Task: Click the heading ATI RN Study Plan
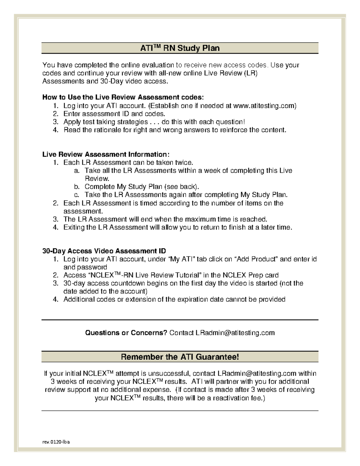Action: [180, 48]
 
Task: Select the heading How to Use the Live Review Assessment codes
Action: [123, 98]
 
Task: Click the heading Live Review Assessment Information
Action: [106, 155]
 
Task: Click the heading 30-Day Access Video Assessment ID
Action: [104, 251]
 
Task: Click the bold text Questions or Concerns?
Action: [126, 333]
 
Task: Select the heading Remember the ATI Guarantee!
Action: [180, 357]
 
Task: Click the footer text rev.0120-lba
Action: [56, 442]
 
